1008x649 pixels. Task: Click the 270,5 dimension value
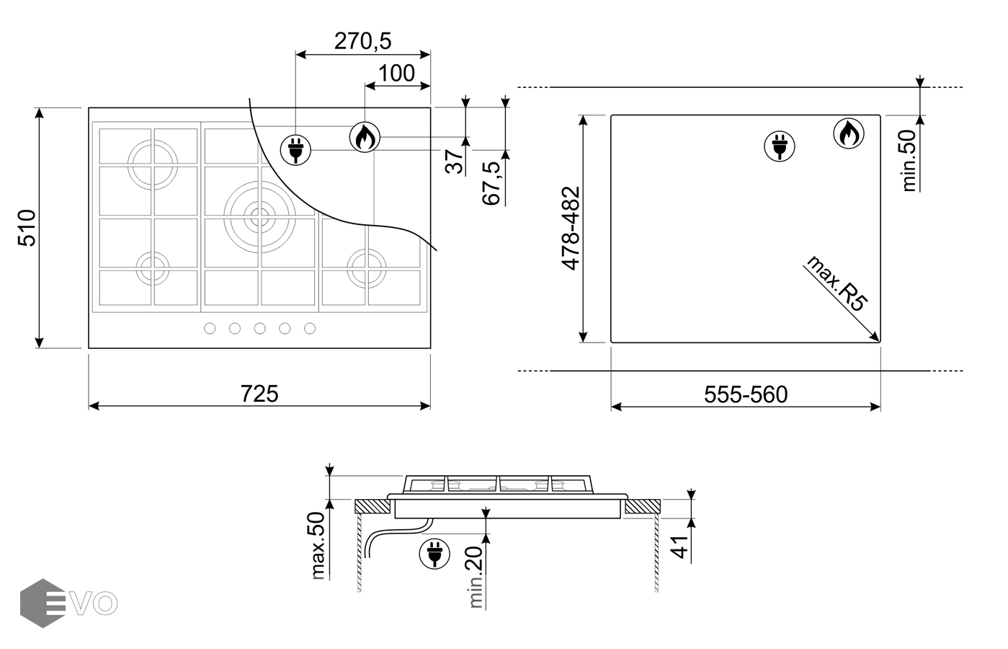[x=362, y=41]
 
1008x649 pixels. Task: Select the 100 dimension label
[x=396, y=74]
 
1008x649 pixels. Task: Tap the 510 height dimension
[x=27, y=228]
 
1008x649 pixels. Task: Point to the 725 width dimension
[x=259, y=394]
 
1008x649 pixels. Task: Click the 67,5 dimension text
[x=491, y=184]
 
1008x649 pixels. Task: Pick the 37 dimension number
[x=454, y=162]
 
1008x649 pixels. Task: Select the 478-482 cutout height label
[x=571, y=229]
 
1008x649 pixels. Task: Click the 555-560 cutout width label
[x=746, y=395]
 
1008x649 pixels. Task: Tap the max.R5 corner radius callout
[x=837, y=283]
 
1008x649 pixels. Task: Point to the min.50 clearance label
[x=909, y=161]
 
